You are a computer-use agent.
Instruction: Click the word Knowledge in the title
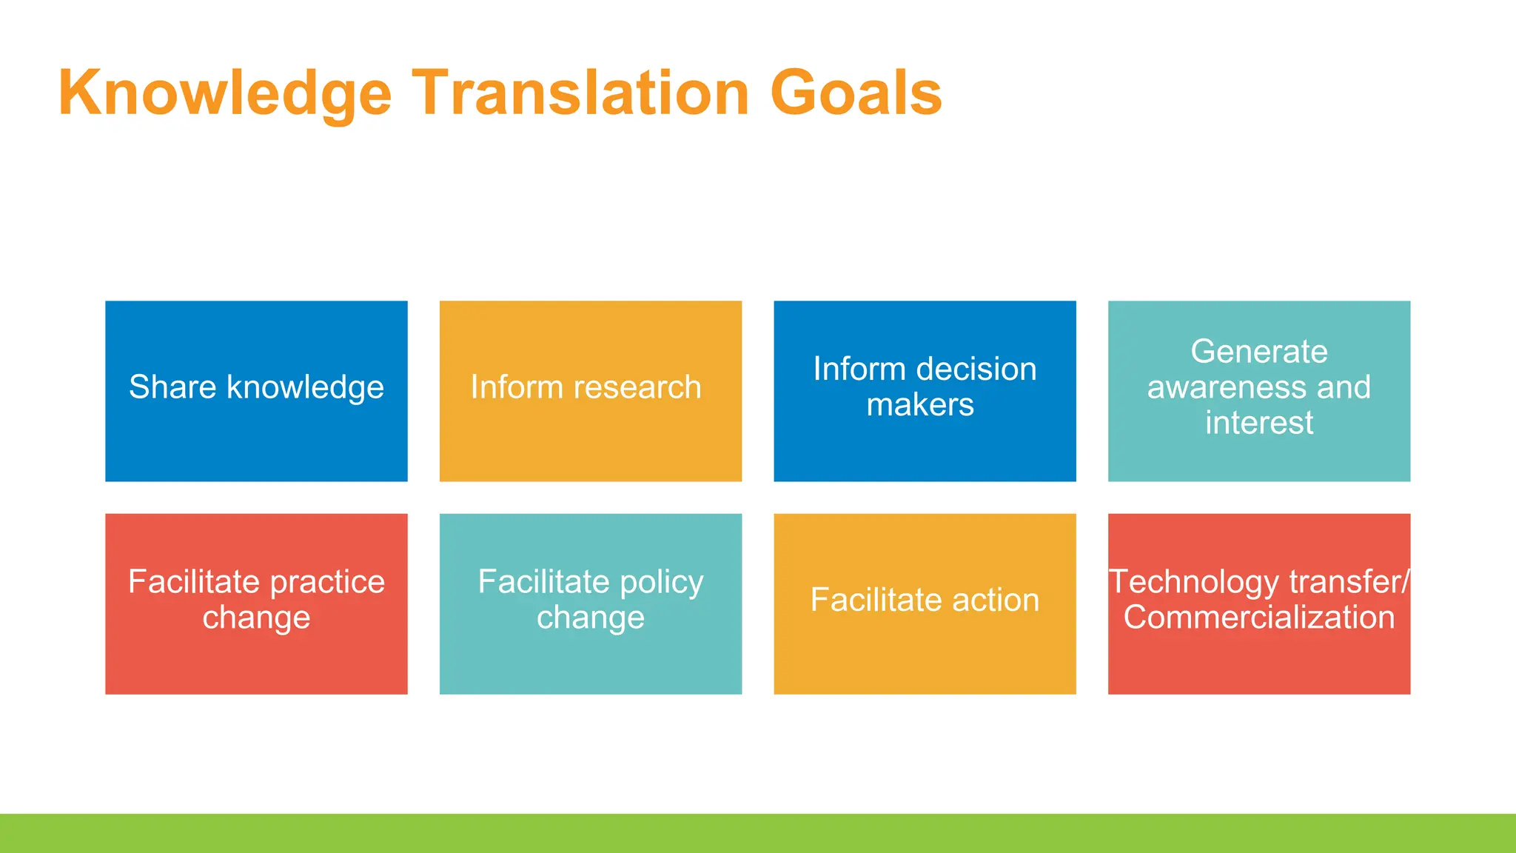[x=224, y=93]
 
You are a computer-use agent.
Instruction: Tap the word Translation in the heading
[x=580, y=93]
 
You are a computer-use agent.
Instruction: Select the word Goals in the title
[x=856, y=93]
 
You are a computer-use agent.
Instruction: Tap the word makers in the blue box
[x=920, y=405]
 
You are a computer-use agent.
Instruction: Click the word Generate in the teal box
[x=1258, y=352]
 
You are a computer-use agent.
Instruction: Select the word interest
[x=1258, y=423]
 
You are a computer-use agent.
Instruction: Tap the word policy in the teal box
[x=661, y=582]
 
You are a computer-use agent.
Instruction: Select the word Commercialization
[x=1258, y=618]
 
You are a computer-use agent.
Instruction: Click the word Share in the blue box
[x=172, y=387]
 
